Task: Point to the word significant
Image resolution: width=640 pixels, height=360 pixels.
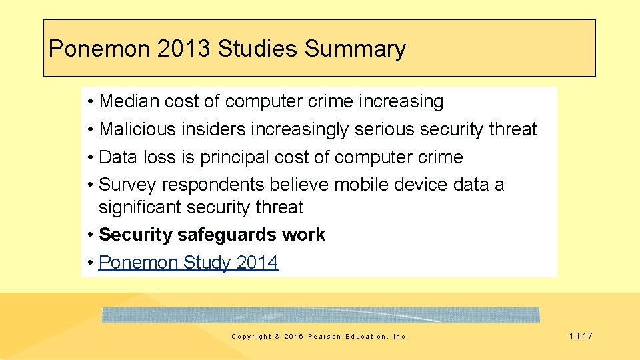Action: pyautogui.click(x=139, y=207)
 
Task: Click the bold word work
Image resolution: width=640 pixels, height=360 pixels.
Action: pyautogui.click(x=303, y=235)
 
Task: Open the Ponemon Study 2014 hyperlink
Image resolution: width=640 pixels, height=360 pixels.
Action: pyautogui.click(x=188, y=263)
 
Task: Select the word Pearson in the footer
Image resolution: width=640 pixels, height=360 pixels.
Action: pyautogui.click(x=325, y=337)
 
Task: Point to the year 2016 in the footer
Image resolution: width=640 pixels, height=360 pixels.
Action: pyautogui.click(x=293, y=337)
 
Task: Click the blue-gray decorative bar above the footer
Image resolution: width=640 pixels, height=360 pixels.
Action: pyautogui.click(x=320, y=315)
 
